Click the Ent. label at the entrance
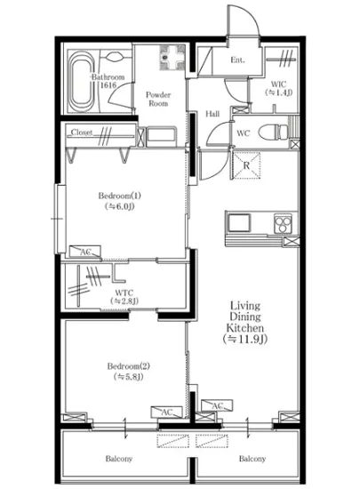[237, 60]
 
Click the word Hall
[214, 114]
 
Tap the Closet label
[83, 132]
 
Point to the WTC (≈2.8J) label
[124, 296]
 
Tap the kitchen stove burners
[283, 221]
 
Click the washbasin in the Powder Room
[169, 59]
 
